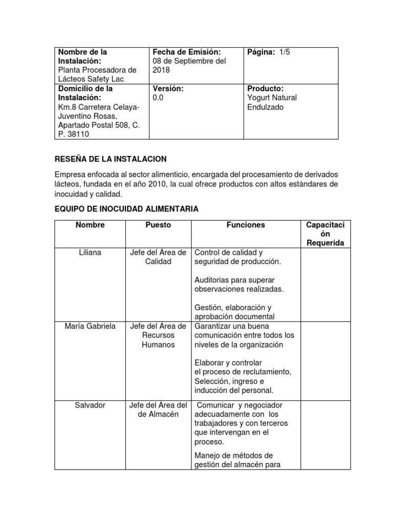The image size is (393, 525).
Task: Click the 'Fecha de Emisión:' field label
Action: [x=186, y=52]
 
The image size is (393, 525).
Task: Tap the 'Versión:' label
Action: [x=168, y=89]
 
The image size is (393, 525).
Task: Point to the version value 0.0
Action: [x=158, y=97]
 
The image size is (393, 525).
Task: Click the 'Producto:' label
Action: [x=265, y=89]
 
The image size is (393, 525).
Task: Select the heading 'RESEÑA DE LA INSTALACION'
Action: [x=111, y=159]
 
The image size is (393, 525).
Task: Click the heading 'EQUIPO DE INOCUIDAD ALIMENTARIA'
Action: [x=126, y=209]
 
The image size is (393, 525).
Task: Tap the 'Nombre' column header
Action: [x=90, y=225]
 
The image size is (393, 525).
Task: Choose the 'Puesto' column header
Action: [x=158, y=225]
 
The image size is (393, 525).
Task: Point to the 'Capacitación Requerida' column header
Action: [x=325, y=234]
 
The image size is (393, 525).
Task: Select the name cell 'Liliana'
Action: [x=90, y=253]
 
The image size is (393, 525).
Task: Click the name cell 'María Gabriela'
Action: [x=90, y=326]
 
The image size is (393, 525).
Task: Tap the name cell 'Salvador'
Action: [x=90, y=405]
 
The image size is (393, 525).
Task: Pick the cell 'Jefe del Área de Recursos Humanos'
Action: [x=158, y=335]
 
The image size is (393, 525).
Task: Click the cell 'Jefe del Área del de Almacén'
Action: [x=158, y=410]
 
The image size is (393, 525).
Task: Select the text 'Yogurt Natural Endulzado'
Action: [x=272, y=102]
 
